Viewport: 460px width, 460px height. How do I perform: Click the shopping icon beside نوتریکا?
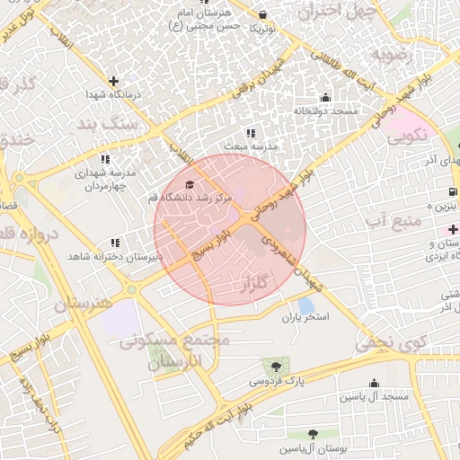(262, 14)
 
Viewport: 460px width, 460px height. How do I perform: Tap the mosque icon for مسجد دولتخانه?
(324, 98)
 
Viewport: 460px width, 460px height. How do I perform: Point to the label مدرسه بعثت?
(253, 145)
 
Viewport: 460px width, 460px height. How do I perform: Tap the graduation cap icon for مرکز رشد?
(189, 184)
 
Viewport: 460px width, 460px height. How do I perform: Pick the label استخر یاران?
(306, 318)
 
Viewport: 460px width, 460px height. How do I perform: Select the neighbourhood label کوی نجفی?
(386, 342)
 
